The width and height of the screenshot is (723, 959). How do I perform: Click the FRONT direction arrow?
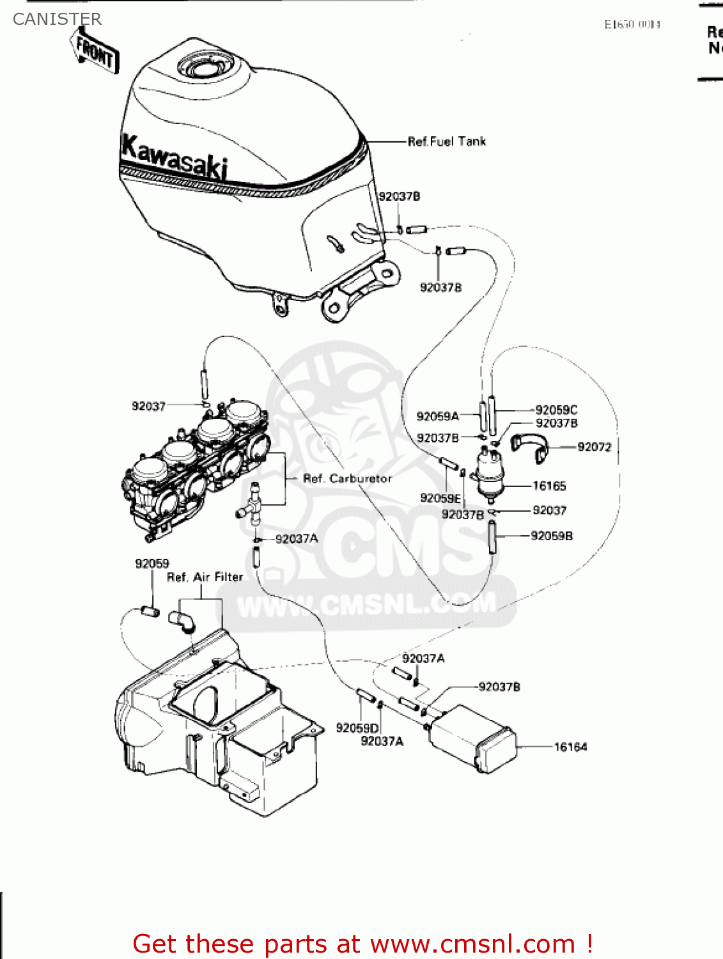tap(95, 51)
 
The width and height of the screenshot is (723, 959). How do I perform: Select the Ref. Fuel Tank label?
tap(447, 141)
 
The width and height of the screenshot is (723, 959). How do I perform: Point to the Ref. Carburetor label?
tap(347, 478)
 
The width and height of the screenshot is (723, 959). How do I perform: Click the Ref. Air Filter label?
tap(205, 577)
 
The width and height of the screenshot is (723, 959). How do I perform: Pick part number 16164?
tap(570, 747)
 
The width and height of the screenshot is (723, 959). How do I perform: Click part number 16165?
tap(549, 486)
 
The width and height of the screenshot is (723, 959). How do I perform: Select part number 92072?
tap(594, 447)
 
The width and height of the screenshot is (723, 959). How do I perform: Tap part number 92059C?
tap(556, 410)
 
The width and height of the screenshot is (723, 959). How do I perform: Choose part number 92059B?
tap(552, 536)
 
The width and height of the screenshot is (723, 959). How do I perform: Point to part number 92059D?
tap(357, 728)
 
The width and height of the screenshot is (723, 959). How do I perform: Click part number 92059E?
tap(440, 498)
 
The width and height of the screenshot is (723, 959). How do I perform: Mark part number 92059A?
tap(438, 416)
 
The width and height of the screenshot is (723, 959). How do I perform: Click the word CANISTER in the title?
tap(57, 19)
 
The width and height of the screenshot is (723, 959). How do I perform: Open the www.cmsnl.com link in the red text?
tap(473, 944)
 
